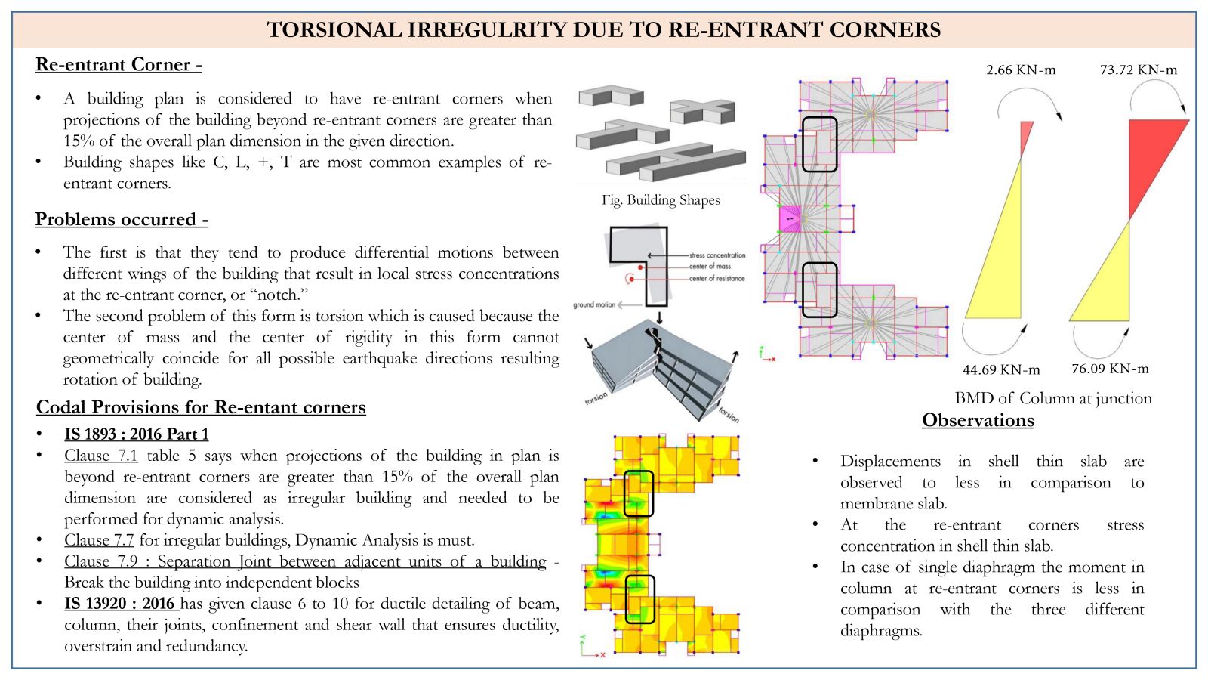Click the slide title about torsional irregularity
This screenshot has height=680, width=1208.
[x=603, y=29]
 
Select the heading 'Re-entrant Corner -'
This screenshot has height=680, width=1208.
[x=119, y=65]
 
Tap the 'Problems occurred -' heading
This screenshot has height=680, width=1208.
[x=122, y=219]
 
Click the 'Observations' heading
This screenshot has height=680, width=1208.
[x=978, y=420]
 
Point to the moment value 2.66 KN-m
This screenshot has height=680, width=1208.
[x=1021, y=70]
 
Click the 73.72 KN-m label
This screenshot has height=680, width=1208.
[x=1139, y=70]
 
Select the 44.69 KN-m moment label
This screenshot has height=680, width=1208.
[x=1001, y=369]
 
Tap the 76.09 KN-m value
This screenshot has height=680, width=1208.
[x=1110, y=369]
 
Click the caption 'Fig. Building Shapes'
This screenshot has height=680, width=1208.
[x=661, y=200]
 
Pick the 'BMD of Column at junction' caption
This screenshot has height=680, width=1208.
[x=1053, y=398]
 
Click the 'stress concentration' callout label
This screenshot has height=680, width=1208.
[x=716, y=255]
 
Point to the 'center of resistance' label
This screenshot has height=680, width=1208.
[x=716, y=279]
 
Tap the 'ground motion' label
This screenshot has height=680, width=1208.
[x=594, y=305]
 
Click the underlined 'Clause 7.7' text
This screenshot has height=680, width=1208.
[x=99, y=540]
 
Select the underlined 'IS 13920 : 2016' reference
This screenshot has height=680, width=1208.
[x=119, y=604]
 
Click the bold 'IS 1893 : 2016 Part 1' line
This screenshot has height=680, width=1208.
[x=137, y=434]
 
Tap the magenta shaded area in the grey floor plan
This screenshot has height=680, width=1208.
[x=790, y=219]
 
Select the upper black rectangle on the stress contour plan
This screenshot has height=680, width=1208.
[x=639, y=494]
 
